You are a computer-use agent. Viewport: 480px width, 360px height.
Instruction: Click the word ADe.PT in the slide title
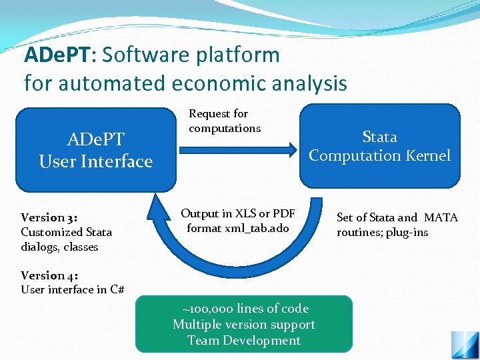click(57, 55)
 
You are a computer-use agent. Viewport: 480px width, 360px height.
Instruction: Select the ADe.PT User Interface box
click(96, 150)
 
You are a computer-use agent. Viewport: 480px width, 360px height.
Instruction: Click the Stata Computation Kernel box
click(379, 146)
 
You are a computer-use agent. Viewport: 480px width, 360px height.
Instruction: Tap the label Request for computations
click(225, 121)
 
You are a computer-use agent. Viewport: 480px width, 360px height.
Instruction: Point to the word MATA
click(441, 218)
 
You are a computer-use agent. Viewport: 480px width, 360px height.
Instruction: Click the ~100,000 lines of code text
click(244, 309)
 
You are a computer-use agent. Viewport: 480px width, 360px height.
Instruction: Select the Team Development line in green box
click(244, 341)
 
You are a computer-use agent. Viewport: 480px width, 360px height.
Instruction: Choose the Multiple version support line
click(244, 325)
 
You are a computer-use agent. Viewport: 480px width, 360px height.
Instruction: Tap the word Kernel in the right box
click(427, 155)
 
